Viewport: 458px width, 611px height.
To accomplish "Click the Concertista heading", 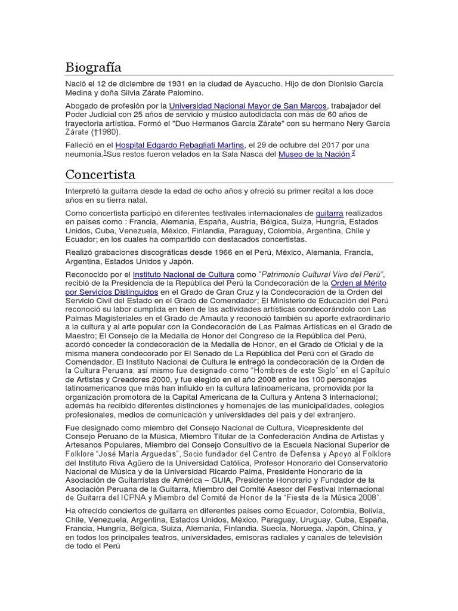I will [100, 175].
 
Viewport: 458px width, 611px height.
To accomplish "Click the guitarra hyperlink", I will [329, 213].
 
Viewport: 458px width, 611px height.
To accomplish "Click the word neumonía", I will [83, 155].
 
